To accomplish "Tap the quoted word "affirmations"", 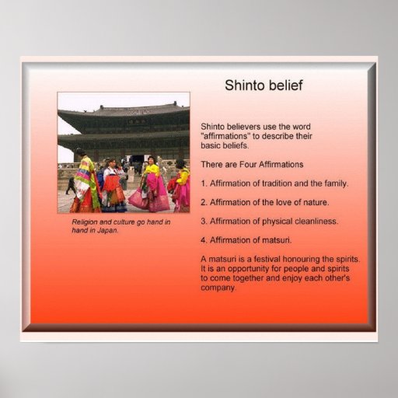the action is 224,136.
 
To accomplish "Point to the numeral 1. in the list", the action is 204,183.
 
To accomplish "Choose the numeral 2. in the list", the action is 204,202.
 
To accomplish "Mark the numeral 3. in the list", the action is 204,222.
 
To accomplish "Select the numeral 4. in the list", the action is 204,240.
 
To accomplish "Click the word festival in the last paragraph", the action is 267,259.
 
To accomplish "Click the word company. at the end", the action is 218,288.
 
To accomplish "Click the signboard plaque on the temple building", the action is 137,122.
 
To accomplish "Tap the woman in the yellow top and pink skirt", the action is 151,184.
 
